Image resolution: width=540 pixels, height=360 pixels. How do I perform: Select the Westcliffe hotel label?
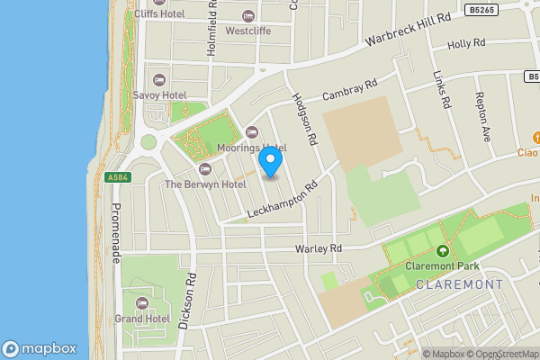click(x=248, y=31)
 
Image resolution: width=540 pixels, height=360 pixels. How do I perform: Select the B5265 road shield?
click(x=481, y=10)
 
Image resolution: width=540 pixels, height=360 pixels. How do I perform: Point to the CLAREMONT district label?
click(x=459, y=284)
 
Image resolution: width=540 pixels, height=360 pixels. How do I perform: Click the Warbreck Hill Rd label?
click(x=408, y=31)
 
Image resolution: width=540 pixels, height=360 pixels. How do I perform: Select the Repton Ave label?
click(x=483, y=116)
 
